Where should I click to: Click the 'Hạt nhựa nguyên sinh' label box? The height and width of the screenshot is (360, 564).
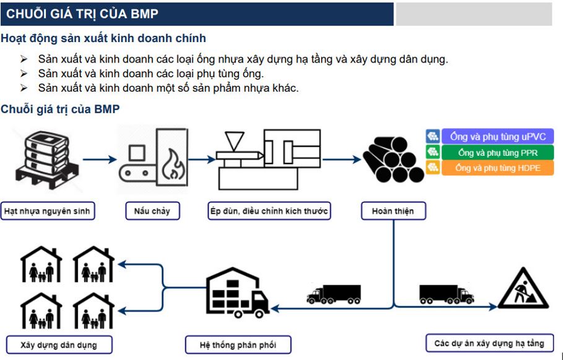[48, 211]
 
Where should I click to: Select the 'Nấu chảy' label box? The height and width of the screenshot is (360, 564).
[152, 211]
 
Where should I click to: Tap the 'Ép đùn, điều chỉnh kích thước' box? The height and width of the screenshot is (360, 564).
[269, 211]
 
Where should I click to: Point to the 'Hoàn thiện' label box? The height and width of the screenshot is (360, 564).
[394, 211]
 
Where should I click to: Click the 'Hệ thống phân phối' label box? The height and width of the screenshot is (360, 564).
[238, 345]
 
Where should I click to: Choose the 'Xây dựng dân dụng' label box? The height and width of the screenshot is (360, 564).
[59, 345]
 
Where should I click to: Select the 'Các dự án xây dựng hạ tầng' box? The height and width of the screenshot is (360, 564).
[490, 343]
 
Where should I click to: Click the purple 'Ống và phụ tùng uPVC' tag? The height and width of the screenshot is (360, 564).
[498, 137]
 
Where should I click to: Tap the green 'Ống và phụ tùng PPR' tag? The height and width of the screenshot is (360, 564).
[498, 152]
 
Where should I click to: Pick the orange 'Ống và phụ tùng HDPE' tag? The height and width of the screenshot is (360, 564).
[498, 168]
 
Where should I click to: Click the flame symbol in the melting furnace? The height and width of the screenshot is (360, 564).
[173, 165]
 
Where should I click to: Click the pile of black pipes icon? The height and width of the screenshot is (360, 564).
[393, 159]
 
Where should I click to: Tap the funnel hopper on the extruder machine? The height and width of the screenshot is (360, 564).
[234, 141]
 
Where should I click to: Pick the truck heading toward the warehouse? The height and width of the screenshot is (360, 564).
[334, 294]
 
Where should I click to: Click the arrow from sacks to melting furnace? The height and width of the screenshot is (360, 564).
[100, 159]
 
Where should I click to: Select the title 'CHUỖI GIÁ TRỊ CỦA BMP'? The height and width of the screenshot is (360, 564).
[82, 14]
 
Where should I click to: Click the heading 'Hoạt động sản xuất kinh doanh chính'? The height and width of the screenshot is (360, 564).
[103, 38]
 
